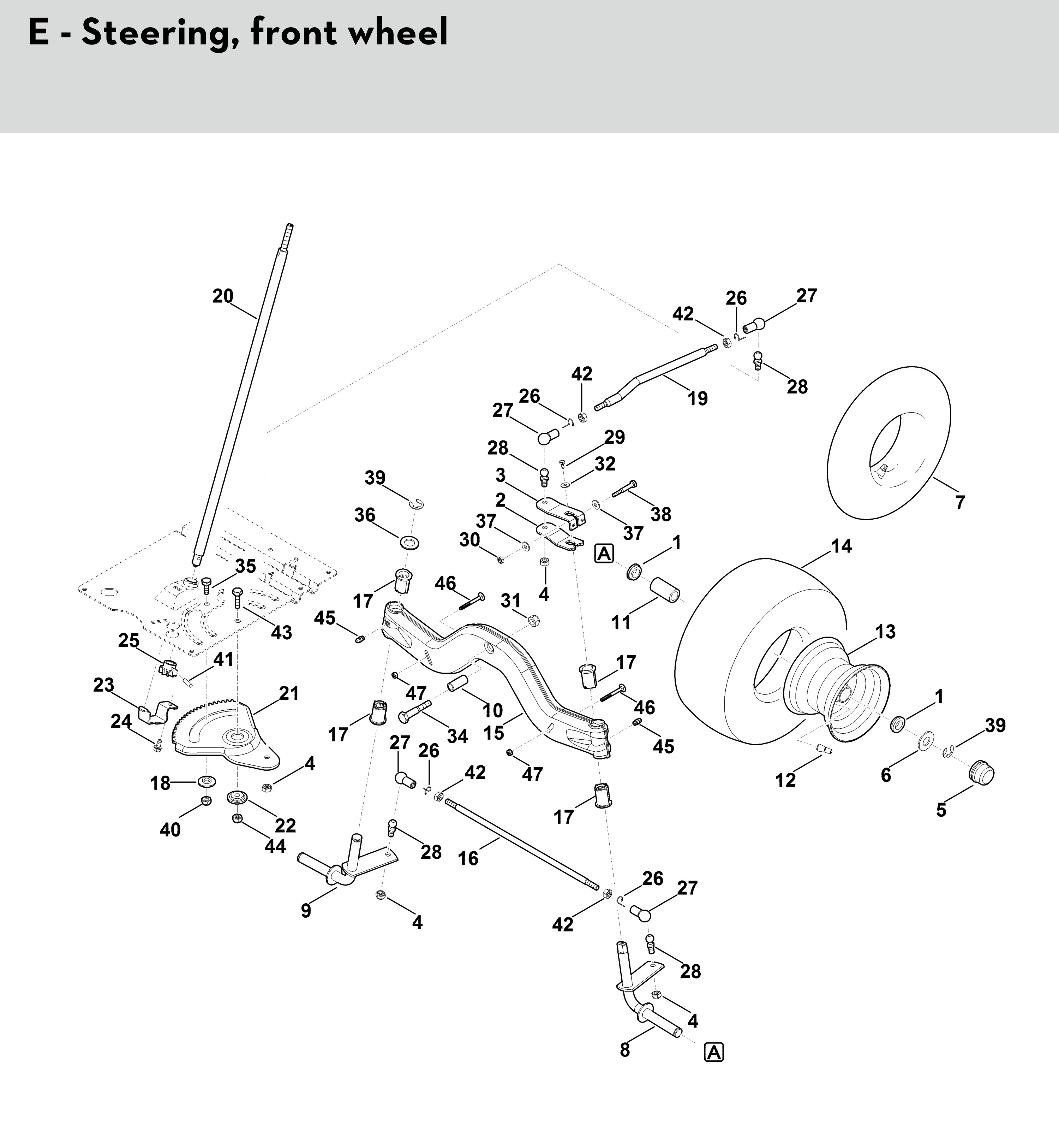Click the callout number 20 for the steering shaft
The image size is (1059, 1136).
(223, 296)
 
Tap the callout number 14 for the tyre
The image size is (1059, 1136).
(841, 546)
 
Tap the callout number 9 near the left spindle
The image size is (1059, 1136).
(306, 910)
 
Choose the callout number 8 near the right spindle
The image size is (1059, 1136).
(625, 1050)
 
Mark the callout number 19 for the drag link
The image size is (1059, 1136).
(698, 398)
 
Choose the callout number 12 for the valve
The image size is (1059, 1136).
(785, 780)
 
